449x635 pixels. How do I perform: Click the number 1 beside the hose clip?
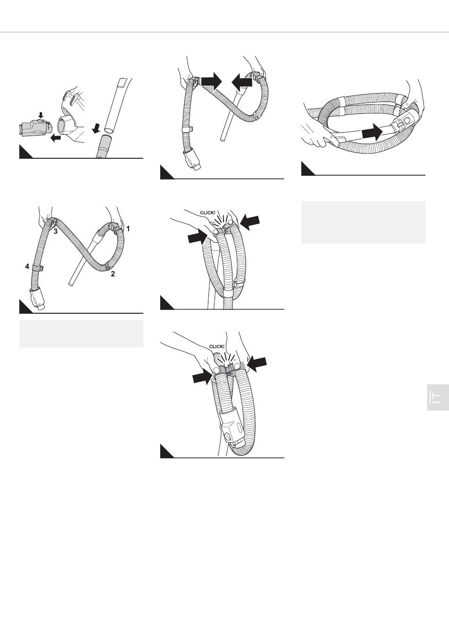(128, 228)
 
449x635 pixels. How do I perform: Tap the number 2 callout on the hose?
(113, 274)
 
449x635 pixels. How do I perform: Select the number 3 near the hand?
(56, 232)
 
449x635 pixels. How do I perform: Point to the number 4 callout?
(27, 266)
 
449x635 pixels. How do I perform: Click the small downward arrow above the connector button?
(41, 115)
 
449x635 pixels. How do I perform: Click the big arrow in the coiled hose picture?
(372, 132)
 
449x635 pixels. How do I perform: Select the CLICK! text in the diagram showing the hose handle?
(216, 346)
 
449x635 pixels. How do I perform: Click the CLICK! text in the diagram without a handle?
(207, 213)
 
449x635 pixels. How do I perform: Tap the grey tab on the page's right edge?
(438, 397)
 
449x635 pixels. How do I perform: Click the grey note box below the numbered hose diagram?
(81, 334)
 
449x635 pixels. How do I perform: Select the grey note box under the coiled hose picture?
(363, 222)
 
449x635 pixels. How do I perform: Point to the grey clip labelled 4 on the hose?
(38, 267)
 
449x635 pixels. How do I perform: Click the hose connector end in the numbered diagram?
(37, 300)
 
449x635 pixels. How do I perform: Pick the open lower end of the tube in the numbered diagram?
(70, 283)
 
